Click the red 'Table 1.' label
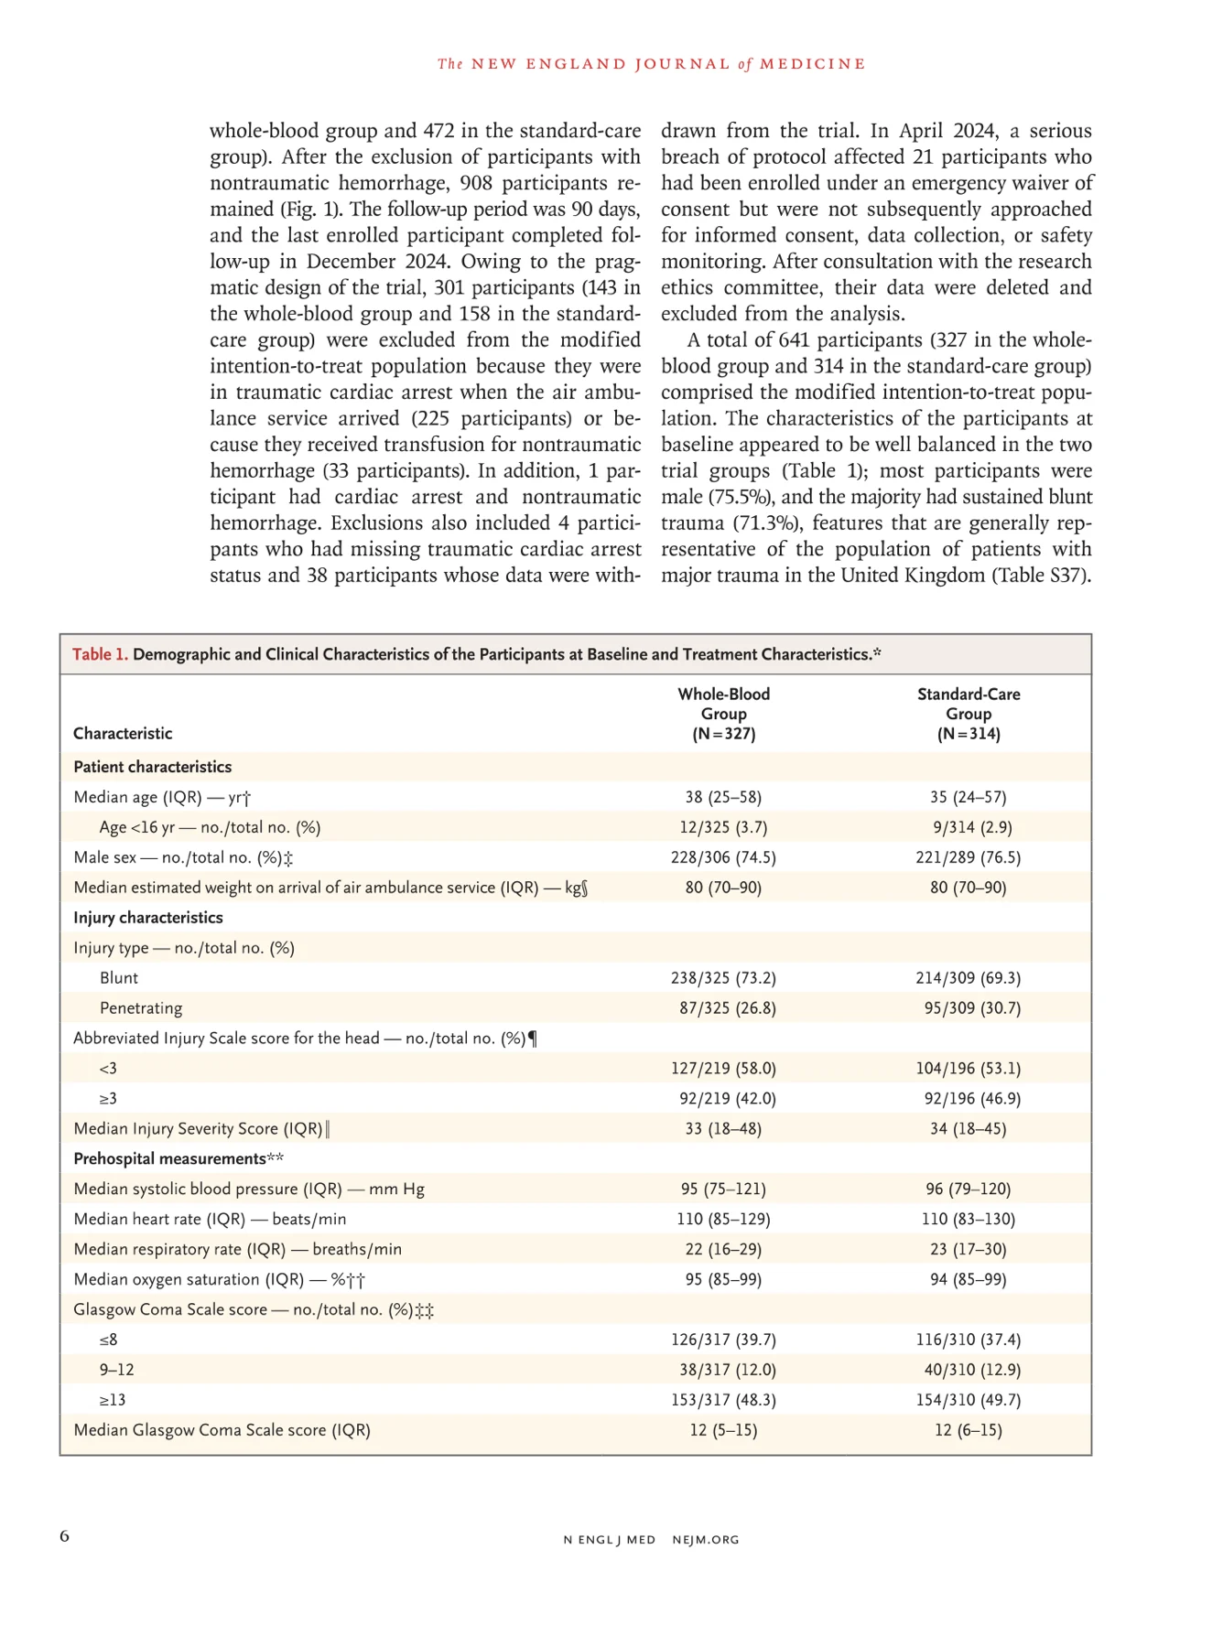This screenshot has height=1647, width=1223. point(100,654)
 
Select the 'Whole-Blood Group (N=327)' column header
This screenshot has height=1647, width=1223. point(723,714)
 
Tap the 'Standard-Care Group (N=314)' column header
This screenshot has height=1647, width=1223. point(968,714)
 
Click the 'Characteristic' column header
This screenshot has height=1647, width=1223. point(123,734)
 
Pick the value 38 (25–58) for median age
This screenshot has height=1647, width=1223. point(723,797)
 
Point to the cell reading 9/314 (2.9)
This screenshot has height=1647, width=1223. point(968,827)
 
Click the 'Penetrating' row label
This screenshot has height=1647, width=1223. point(141,1008)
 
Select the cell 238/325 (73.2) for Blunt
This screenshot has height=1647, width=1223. point(723,978)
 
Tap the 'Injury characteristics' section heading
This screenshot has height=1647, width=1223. point(148,918)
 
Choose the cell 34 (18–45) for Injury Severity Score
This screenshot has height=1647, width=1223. point(968,1129)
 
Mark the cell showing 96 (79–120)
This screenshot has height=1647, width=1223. point(968,1189)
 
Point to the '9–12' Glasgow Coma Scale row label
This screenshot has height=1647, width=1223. point(117,1370)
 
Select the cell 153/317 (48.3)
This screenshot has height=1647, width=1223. point(723,1400)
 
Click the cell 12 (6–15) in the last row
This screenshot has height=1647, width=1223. point(968,1430)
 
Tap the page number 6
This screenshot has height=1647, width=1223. point(65,1536)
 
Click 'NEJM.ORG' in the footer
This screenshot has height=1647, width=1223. point(705,1540)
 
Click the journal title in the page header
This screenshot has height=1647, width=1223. point(651,64)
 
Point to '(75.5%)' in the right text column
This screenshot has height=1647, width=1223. point(741,497)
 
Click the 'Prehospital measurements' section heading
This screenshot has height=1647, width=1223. point(169,1159)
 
